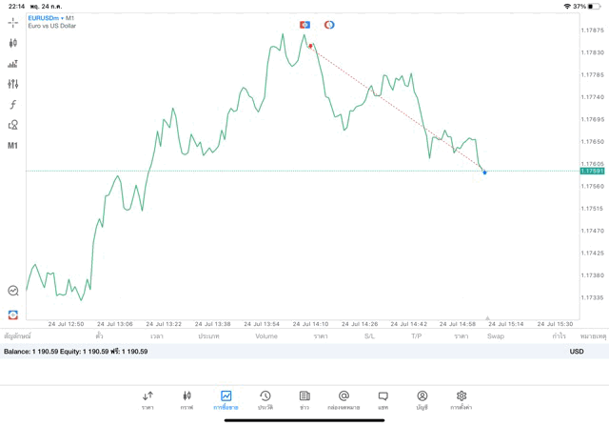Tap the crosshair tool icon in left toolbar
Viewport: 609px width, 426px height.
(x=13, y=22)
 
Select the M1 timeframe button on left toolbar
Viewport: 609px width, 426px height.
(x=13, y=146)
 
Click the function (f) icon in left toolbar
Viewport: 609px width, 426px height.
(x=13, y=105)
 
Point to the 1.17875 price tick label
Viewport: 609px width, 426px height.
(x=593, y=30)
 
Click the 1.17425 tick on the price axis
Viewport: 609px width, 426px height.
(x=593, y=253)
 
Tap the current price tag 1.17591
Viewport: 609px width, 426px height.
(x=592, y=171)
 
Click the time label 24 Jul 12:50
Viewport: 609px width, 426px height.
(x=66, y=324)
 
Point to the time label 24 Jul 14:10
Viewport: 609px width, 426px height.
(x=310, y=324)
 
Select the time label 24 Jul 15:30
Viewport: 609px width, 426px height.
(x=555, y=324)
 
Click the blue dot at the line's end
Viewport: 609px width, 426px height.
(x=484, y=172)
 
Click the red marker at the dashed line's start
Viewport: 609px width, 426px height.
(x=310, y=46)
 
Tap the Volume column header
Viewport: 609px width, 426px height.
(x=266, y=336)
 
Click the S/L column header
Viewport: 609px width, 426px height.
(x=370, y=336)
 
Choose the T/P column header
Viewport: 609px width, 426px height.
(x=416, y=336)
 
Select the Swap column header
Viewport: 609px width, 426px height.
(x=496, y=336)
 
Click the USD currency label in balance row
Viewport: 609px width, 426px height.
(x=577, y=352)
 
